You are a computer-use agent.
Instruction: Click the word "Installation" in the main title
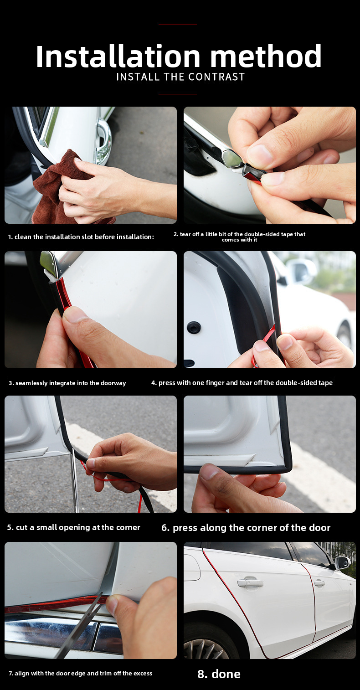(118, 57)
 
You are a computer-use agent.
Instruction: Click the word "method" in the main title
(266, 57)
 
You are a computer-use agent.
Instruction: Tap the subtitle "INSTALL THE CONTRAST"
(180, 77)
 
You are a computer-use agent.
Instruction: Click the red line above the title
(178, 25)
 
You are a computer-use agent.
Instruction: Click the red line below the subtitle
(178, 94)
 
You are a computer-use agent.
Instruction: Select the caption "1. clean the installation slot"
(81, 237)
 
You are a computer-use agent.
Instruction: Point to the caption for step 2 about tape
(240, 237)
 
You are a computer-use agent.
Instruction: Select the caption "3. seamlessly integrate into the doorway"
(67, 383)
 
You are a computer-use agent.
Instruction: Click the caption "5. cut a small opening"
(74, 527)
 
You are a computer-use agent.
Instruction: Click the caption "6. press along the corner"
(246, 527)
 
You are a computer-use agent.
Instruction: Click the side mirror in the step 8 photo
(342, 563)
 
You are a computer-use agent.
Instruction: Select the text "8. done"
(219, 674)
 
